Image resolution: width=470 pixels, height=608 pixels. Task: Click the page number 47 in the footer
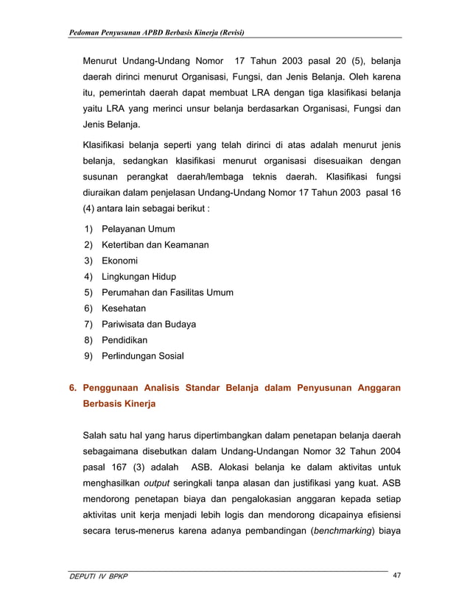[x=396, y=576]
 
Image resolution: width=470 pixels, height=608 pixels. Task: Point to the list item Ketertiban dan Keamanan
[x=155, y=244]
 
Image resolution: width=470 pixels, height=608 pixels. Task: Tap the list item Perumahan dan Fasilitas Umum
[x=166, y=293]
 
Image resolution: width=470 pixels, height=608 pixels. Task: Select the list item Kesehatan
[x=123, y=308]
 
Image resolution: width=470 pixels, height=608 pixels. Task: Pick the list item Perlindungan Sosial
[x=143, y=356]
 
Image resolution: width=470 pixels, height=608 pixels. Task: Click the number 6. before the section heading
[x=72, y=388]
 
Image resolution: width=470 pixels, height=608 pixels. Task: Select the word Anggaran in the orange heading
[x=376, y=388]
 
